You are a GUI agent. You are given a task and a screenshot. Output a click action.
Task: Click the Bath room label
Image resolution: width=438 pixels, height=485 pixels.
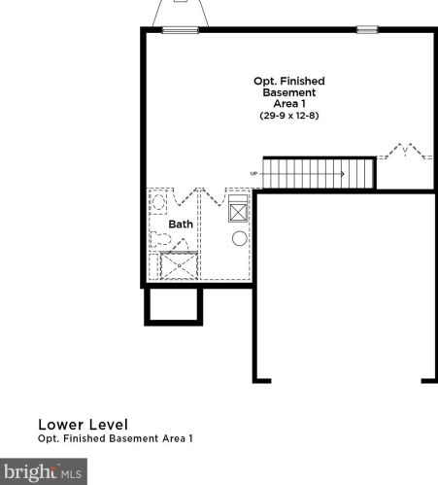click(x=181, y=225)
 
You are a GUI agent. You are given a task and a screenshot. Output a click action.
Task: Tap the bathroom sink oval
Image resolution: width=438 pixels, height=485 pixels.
click(x=158, y=202)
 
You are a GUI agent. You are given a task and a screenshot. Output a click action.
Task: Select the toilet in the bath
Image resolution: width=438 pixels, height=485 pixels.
click(x=160, y=239)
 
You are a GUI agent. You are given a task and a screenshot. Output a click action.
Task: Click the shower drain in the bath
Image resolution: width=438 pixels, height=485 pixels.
click(x=179, y=266)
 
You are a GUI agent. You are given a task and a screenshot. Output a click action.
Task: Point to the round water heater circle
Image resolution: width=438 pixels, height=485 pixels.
click(x=240, y=238)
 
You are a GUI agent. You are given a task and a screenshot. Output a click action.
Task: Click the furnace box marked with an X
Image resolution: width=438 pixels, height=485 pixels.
click(x=238, y=213)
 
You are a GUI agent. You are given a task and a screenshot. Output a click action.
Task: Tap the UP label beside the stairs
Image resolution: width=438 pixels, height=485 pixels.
click(x=253, y=174)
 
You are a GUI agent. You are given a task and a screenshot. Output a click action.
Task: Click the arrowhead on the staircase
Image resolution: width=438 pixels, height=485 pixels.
click(x=343, y=174)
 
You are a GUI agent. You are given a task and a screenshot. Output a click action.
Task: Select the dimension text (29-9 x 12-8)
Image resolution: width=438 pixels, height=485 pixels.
click(x=289, y=116)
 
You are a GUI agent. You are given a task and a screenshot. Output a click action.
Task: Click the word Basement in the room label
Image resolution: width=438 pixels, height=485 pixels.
click(x=289, y=92)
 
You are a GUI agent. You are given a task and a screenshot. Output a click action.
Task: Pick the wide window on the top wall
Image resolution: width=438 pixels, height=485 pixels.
click(x=181, y=30)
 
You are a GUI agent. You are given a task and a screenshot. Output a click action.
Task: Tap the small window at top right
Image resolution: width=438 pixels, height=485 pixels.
click(x=367, y=30)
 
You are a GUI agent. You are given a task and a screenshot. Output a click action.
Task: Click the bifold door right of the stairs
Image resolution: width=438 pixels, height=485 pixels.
click(x=405, y=152)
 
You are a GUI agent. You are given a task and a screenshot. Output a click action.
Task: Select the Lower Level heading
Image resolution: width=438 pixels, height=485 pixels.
click(x=84, y=425)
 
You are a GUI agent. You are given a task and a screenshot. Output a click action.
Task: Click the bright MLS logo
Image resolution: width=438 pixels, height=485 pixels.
click(x=44, y=471)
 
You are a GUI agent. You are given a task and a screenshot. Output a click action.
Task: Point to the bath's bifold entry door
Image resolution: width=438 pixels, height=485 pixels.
click(x=185, y=196)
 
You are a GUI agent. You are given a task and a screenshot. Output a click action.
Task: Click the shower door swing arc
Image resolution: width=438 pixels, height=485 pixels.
click(x=180, y=244)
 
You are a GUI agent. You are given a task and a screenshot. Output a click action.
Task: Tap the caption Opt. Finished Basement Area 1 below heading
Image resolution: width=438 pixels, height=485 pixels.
click(x=116, y=438)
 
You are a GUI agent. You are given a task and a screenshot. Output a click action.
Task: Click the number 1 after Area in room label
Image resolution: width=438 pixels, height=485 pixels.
click(x=303, y=104)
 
